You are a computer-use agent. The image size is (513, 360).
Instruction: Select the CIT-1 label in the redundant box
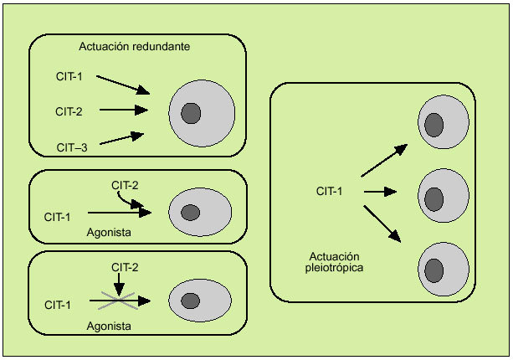69,78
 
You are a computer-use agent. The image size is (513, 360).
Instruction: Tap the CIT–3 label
72,147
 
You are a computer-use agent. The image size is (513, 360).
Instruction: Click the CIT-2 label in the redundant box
69,110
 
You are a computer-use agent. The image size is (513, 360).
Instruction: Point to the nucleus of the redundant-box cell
191,112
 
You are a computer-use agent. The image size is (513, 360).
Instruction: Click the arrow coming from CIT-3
122,138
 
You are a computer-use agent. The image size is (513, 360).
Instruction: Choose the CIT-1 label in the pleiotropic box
329,192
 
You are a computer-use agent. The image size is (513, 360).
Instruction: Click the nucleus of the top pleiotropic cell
433,125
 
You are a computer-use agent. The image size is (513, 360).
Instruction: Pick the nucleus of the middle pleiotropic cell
433,199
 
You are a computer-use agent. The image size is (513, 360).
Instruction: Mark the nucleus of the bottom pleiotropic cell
433,270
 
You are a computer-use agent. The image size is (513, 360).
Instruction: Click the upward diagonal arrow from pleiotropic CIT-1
384,160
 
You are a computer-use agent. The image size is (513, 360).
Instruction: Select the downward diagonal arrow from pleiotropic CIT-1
384,224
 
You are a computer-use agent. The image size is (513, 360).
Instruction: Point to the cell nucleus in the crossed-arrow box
191,301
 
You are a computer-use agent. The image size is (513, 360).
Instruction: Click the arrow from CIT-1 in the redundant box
122,85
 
